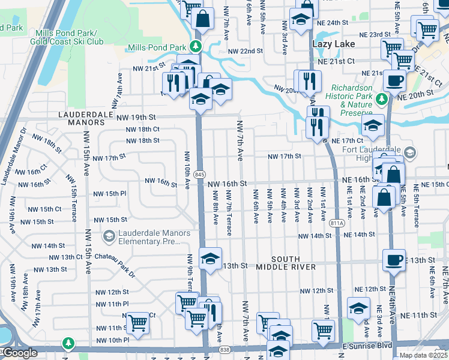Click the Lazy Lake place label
click(333, 44)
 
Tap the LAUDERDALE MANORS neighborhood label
click(82, 118)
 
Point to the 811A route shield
click(338, 223)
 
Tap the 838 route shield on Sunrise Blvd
click(224, 349)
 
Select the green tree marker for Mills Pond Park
click(195, 47)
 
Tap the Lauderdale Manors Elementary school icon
click(109, 237)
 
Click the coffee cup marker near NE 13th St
click(394, 260)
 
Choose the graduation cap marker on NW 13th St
click(210, 259)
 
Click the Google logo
click(19, 353)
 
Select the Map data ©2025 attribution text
click(423, 355)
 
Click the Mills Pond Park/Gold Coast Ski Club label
click(70, 37)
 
